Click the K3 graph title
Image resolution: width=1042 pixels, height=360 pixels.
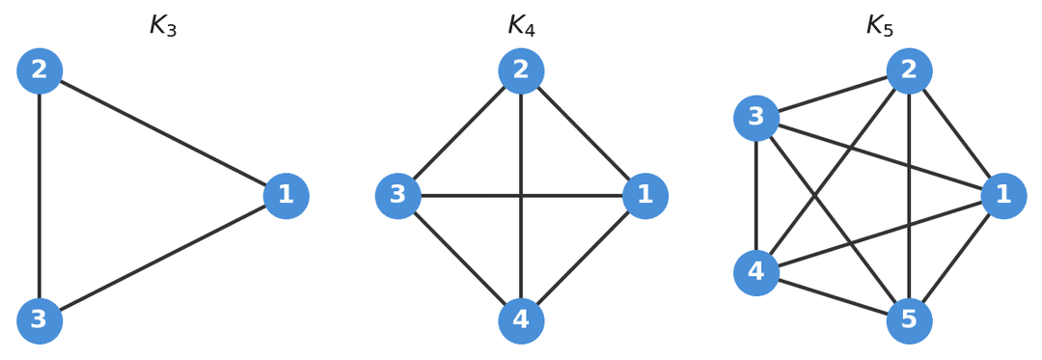tap(163, 26)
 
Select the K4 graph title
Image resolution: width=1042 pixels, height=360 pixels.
tap(521, 26)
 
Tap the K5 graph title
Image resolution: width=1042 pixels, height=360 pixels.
tap(879, 26)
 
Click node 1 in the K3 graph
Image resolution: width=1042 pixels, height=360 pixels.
tap(286, 196)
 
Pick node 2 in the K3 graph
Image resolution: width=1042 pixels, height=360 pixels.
tap(40, 70)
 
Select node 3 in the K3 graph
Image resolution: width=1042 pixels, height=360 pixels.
tap(40, 320)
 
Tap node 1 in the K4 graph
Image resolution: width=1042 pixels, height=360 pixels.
tap(644, 196)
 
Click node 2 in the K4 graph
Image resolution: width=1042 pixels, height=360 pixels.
tap(521, 70)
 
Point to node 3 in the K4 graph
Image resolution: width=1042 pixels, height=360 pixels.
tap(398, 196)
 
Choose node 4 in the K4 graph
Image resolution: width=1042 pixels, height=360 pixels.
tap(521, 320)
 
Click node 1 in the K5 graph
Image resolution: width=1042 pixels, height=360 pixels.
tap(1003, 196)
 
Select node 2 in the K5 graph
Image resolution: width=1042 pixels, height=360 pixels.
tap(909, 70)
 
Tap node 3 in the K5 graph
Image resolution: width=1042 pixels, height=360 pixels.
tap(756, 118)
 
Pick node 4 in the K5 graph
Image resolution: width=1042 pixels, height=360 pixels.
tap(756, 272)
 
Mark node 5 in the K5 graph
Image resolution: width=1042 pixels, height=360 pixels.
tap(909, 320)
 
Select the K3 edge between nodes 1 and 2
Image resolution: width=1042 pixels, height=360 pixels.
tap(163, 133)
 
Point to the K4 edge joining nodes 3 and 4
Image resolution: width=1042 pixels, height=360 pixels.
tap(459, 259)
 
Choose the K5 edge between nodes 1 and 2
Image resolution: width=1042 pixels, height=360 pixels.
tap(956, 133)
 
